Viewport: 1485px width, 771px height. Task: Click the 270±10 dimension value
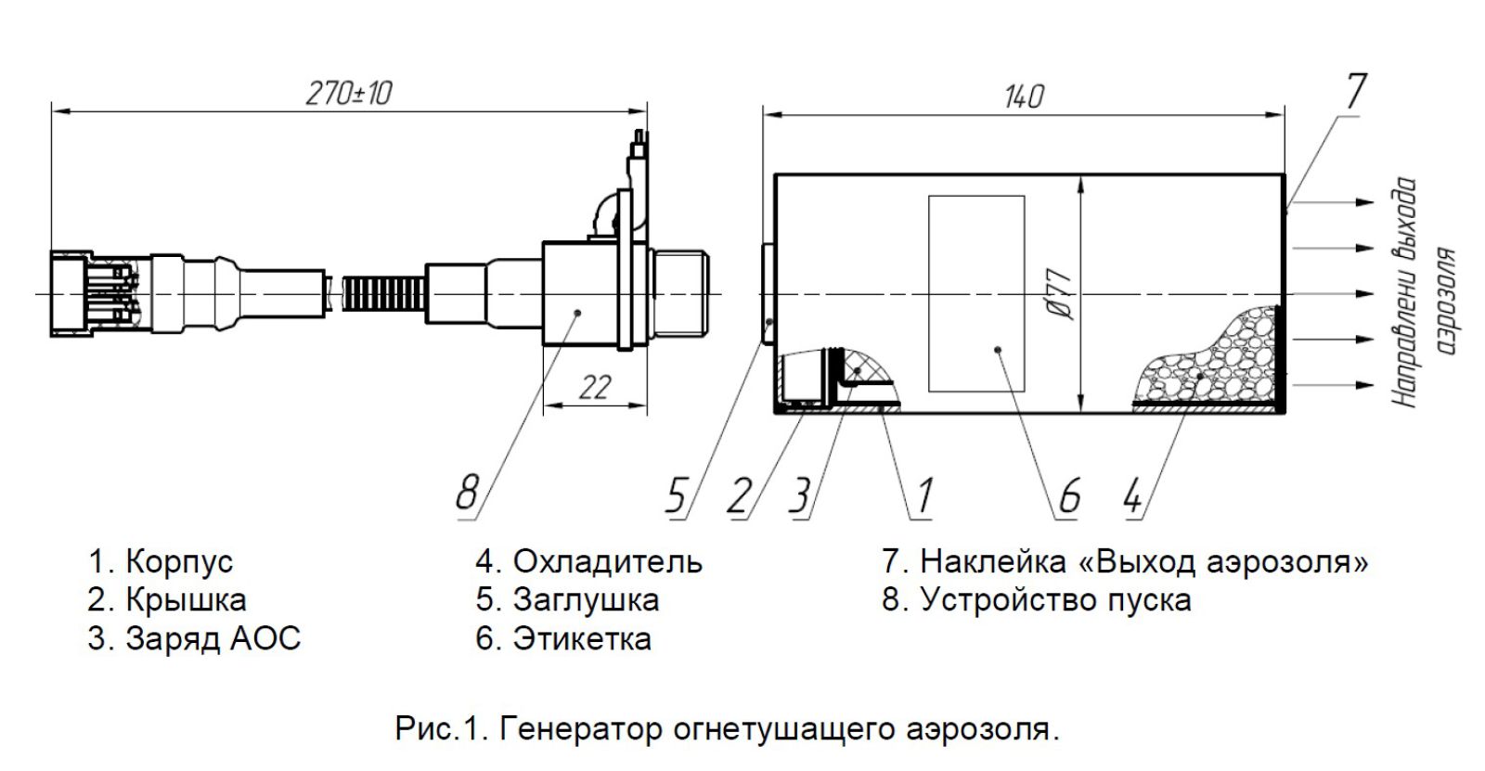coord(349,93)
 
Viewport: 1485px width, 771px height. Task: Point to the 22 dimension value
coord(593,386)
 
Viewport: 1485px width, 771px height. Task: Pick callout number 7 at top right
coord(1355,92)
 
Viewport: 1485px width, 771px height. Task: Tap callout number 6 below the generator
coord(1069,496)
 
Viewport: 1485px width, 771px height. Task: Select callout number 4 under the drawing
coord(1132,496)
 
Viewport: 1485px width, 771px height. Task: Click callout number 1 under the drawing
coord(924,496)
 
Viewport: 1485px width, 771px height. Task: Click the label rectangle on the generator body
coord(976,292)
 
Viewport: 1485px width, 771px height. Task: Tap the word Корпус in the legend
coord(179,561)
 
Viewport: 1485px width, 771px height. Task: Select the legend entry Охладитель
coord(607,561)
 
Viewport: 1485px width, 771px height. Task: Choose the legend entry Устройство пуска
coord(1054,600)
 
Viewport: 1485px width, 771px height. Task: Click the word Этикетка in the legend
coord(582,639)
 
